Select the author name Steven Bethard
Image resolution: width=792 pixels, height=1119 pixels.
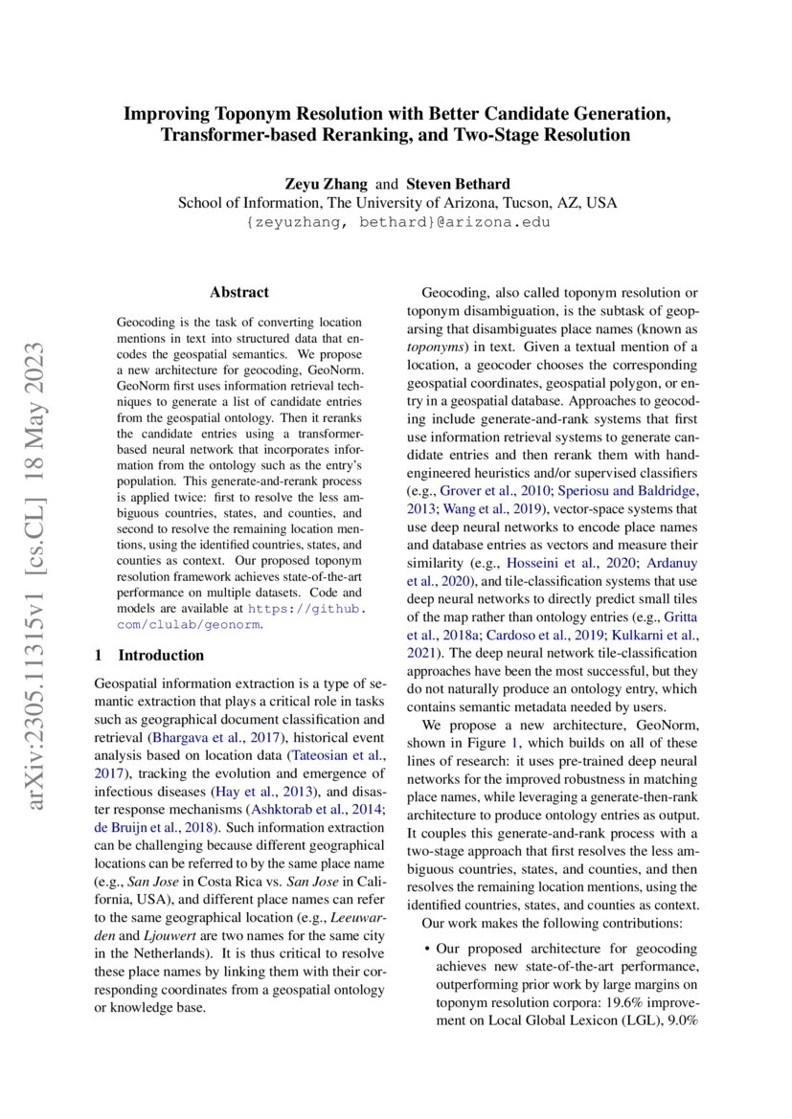pos(457,183)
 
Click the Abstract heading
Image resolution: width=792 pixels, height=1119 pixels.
pos(239,292)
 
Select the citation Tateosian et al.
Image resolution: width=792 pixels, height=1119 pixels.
pos(332,755)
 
